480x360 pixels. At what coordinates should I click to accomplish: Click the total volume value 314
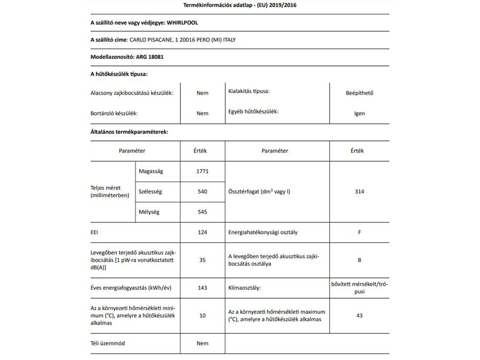coord(359,191)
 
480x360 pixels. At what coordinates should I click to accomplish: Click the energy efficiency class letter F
coord(359,231)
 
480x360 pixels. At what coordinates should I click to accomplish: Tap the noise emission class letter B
coord(359,260)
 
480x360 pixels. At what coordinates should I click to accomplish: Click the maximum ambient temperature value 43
coord(359,315)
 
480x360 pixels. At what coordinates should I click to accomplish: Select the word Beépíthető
coord(359,93)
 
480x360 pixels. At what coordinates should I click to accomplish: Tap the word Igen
coord(359,113)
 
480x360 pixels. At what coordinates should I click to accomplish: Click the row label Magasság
coord(151,172)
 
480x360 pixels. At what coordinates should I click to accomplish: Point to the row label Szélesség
coord(151,191)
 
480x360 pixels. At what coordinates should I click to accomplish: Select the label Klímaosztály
coord(244,289)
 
